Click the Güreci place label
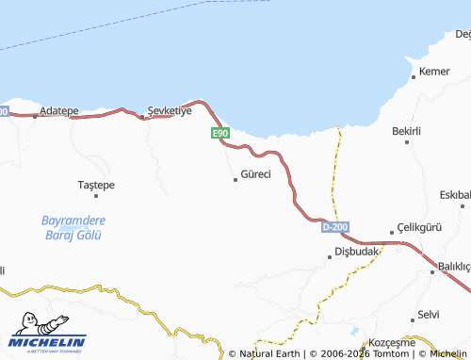[x=256, y=174]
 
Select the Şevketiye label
[x=171, y=110]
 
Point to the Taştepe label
[x=96, y=185]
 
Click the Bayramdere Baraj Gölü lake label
[x=73, y=227]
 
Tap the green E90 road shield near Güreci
[x=219, y=134]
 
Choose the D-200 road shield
[x=334, y=227]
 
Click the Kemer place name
[x=434, y=72]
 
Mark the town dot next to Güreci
[x=235, y=179]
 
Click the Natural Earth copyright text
[x=269, y=354]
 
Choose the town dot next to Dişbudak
[x=330, y=252]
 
